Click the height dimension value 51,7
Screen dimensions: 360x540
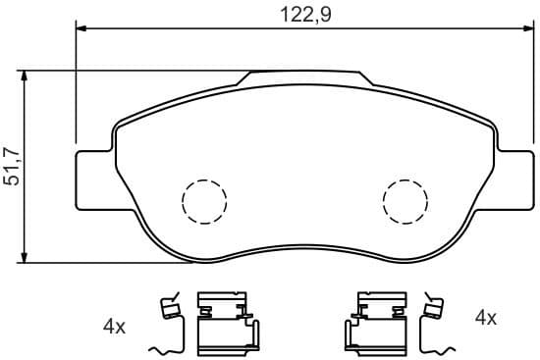point(13,167)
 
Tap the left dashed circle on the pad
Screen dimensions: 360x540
point(204,201)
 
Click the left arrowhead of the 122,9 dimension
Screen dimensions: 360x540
point(82,29)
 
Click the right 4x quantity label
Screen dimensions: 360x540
point(486,318)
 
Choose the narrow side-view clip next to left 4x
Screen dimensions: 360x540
point(172,311)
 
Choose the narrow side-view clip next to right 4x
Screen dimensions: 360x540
point(431,311)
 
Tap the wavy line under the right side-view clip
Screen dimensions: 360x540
point(440,348)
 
